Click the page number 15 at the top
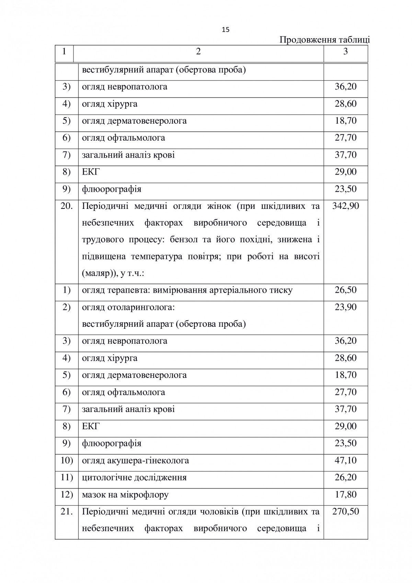[226, 30]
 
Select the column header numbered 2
[198, 52]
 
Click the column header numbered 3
[345, 52]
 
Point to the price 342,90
[346, 206]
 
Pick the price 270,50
[346, 512]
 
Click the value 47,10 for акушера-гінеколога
[346, 460]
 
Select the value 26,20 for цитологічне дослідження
[346, 478]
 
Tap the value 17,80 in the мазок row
[346, 495]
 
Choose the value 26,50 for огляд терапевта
[346, 290]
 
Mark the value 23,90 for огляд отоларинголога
[346, 307]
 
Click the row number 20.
[67, 206]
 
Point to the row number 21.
[67, 512]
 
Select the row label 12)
[67, 495]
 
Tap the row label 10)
[67, 460]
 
